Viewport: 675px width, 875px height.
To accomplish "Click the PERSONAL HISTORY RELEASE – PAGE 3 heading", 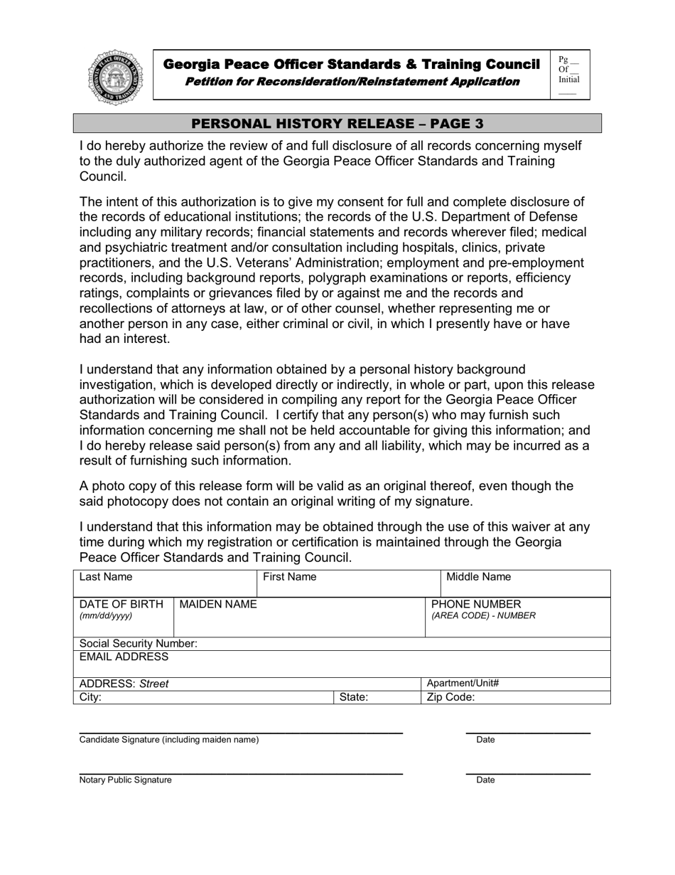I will pyautogui.click(x=337, y=123).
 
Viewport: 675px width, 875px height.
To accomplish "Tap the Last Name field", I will pyautogui.click(x=164, y=583).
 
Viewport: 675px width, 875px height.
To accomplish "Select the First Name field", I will pyautogui.click(x=347, y=583).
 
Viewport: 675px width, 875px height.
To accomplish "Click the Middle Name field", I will pyautogui.click(x=525, y=583).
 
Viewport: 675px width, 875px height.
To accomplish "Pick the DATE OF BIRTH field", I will pyautogui.click(x=124, y=617).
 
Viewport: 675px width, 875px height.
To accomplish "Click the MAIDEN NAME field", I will pyautogui.click(x=299, y=617).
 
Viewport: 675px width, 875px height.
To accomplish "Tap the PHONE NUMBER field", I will pyautogui.click(x=518, y=617).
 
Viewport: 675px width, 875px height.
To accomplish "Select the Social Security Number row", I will pyautogui.click(x=341, y=644).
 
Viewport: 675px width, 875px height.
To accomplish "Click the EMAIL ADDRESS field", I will pyautogui.click(x=341, y=664).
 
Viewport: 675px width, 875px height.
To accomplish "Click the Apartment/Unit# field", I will pyautogui.click(x=516, y=684).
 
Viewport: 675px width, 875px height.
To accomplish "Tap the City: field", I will pyautogui.click(x=203, y=697).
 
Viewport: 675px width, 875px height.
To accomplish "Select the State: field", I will pyautogui.click(x=377, y=697).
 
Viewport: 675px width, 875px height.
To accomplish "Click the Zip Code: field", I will pyautogui.click(x=516, y=697).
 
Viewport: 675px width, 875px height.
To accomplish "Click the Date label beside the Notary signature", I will pyautogui.click(x=486, y=780).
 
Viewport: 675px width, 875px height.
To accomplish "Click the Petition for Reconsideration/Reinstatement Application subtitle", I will pyautogui.click(x=352, y=82).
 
